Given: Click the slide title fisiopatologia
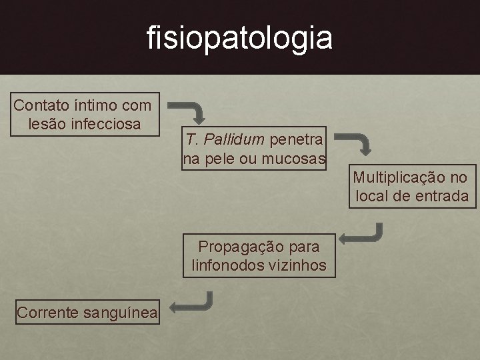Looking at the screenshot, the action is pyautogui.click(x=239, y=37).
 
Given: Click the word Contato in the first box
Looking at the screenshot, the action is pyautogui.click(x=38, y=105).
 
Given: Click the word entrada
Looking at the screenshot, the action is pyautogui.click(x=442, y=196).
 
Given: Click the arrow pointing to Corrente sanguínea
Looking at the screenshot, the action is pyautogui.click(x=191, y=303).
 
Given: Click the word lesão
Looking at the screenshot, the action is pyautogui.click(x=47, y=124).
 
